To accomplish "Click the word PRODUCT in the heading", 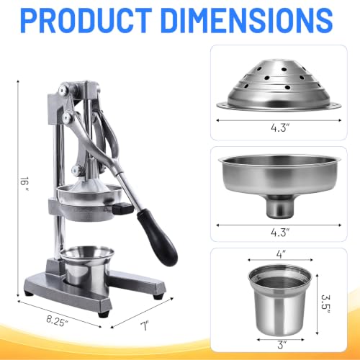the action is coord(86,21).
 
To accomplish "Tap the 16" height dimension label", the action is coord(24,184).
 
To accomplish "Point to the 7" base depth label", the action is coord(145,326).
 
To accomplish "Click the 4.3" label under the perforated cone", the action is coord(280,127).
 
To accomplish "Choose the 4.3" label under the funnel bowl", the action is coord(280,232).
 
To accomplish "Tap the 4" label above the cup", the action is coord(281,253).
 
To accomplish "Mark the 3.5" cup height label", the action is coord(325,304).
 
